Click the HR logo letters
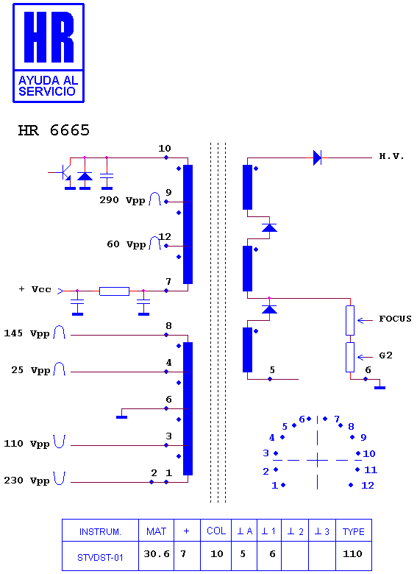[49, 37]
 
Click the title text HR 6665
[54, 130]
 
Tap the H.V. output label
[391, 156]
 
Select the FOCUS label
[395, 319]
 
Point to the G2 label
[385, 355]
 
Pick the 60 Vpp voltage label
[126, 244]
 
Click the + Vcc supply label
[35, 289]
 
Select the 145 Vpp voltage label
[26, 333]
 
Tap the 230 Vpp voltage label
[26, 481]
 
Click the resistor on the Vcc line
[114, 291]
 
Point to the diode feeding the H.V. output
[317, 157]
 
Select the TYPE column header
[353, 531]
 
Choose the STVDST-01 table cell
[100, 558]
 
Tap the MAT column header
[156, 531]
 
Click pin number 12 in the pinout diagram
[368, 486]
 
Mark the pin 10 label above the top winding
[165, 148]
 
